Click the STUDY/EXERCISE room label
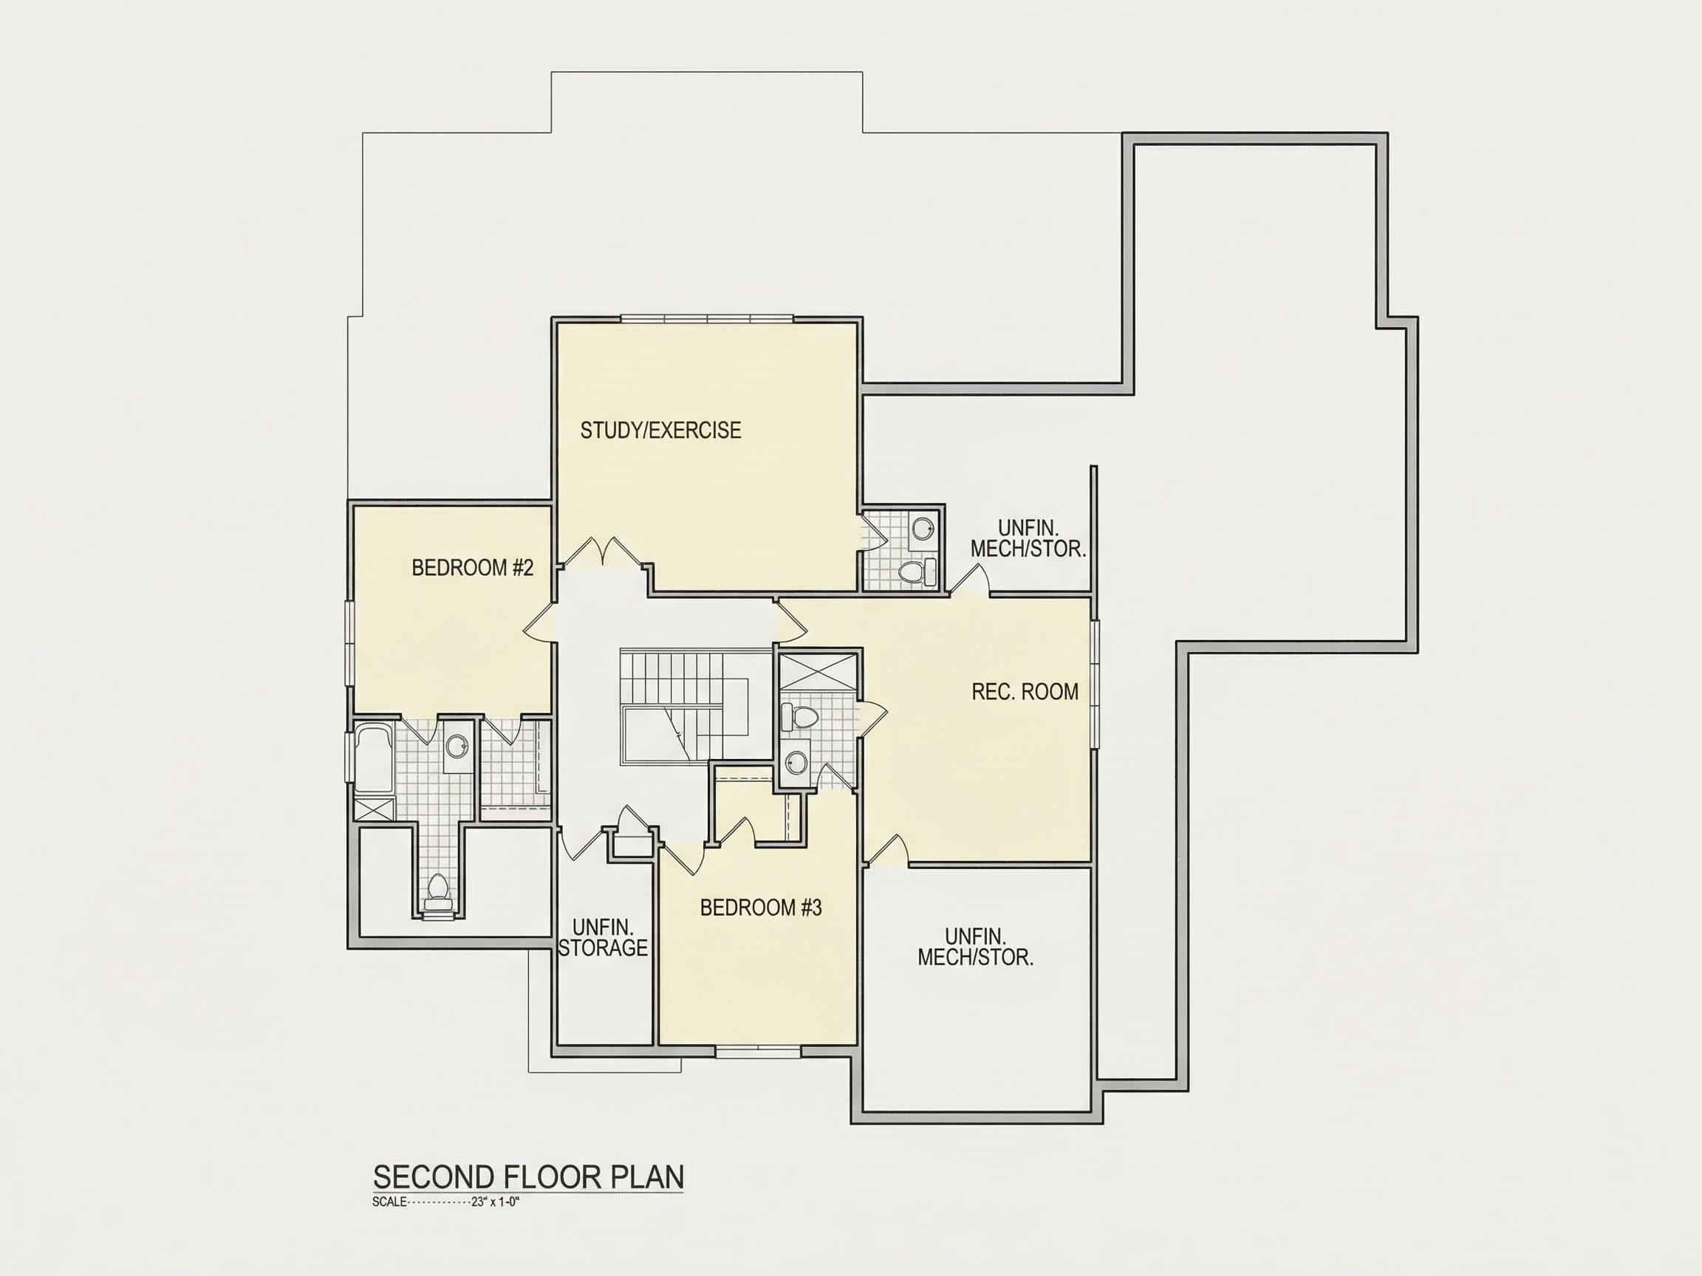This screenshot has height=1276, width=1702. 660,431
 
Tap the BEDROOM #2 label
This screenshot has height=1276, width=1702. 473,568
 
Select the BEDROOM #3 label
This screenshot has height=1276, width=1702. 761,908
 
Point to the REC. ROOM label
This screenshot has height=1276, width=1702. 1025,691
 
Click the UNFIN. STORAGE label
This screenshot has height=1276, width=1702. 604,938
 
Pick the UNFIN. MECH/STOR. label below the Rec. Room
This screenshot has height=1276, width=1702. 975,947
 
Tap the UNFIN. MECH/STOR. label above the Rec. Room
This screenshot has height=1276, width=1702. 1028,538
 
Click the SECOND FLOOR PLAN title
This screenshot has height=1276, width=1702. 529,1178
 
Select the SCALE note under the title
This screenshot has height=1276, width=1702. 446,1202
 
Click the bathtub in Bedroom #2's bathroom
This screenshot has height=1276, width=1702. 374,758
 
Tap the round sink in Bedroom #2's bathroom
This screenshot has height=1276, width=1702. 457,744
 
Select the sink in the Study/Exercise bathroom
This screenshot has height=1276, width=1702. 923,529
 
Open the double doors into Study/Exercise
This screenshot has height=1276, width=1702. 600,552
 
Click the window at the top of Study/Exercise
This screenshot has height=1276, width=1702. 706,318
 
